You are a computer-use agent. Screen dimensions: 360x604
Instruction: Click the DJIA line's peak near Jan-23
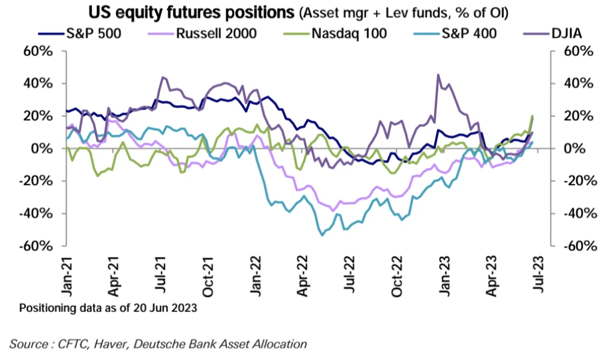coord(438,75)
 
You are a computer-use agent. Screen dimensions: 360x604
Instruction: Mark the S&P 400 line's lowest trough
coord(322,235)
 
